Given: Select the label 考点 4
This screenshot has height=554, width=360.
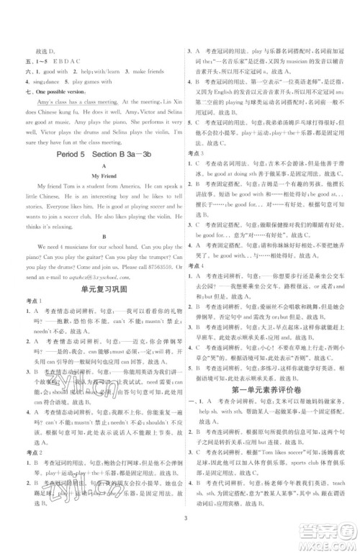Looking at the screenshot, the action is coord(197,285).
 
